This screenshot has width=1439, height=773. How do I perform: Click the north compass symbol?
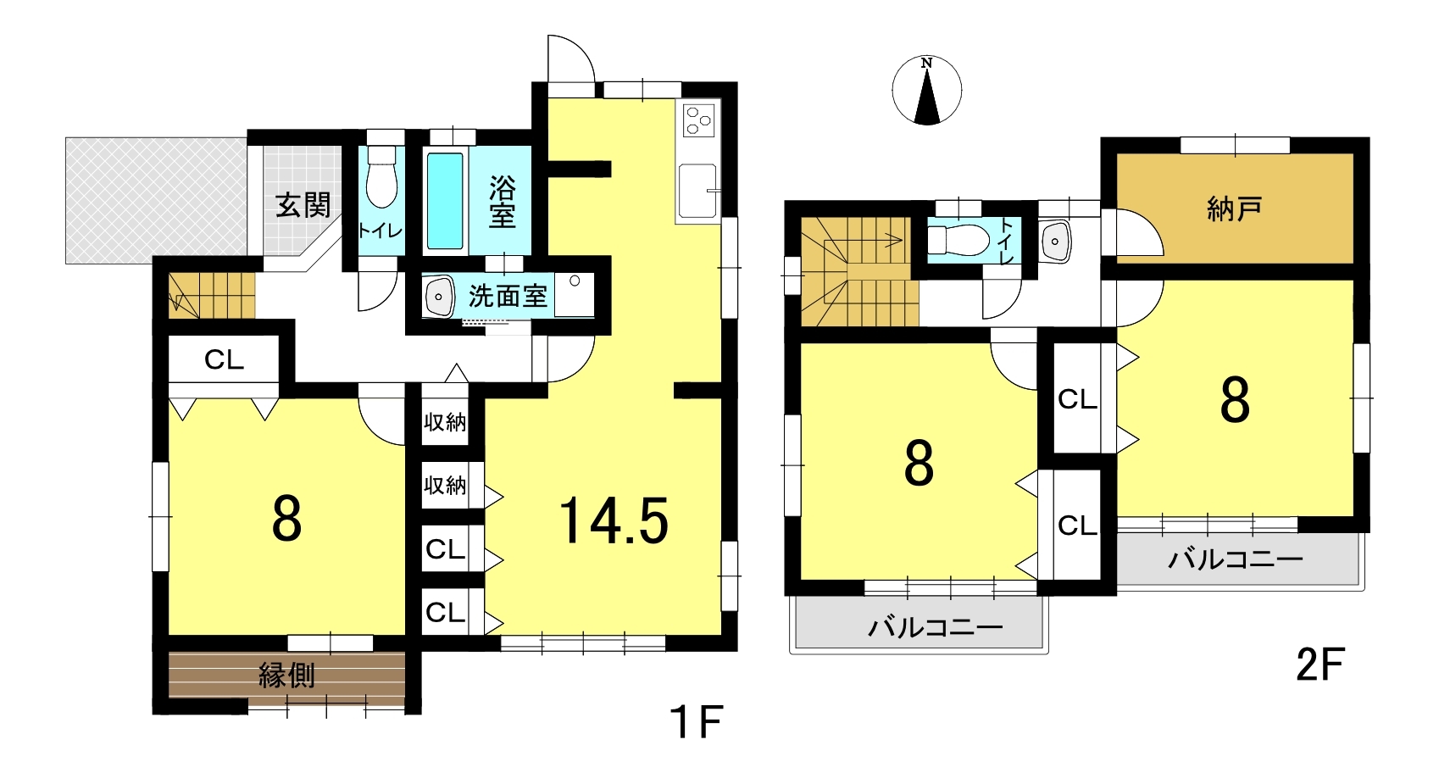point(926,90)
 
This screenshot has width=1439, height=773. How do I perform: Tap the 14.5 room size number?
point(614,520)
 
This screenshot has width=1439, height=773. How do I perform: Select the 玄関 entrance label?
point(303,205)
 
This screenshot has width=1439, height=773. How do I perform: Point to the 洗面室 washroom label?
point(508,296)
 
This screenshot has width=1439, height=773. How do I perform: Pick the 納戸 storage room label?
point(1234,209)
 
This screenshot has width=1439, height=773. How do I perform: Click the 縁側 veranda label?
point(286,676)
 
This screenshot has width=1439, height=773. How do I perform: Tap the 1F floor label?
point(697,721)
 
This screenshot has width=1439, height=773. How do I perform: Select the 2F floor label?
point(1320,665)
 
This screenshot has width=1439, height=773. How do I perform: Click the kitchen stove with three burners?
point(698,120)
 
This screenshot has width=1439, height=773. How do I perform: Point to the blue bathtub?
point(445,201)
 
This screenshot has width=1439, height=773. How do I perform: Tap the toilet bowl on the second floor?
point(958,242)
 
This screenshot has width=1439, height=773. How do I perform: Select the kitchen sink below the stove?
point(697,191)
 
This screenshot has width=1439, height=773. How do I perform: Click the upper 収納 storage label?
point(445,422)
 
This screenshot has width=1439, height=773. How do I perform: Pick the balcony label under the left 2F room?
point(935,627)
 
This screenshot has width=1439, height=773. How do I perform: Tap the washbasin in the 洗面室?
point(439,296)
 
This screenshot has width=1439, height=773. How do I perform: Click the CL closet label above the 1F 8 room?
point(225,360)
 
